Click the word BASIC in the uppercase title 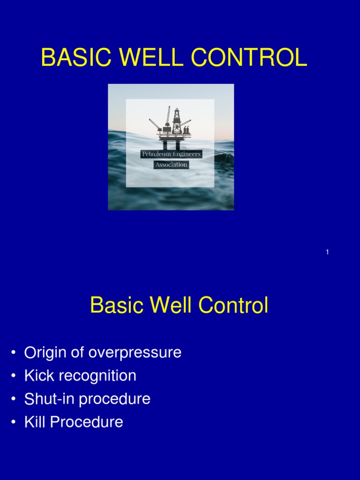tap(76, 57)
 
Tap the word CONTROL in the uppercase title tap(249, 57)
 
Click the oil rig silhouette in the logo tap(171, 127)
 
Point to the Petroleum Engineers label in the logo tap(171, 154)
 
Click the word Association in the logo tap(171, 165)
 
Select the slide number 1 tap(327, 252)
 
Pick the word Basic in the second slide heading tap(117, 305)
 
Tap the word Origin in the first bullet tap(45, 352)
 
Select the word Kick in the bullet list tap(39, 375)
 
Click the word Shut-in tap(49, 398)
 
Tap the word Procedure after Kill tap(86, 422)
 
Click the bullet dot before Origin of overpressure tap(13, 352)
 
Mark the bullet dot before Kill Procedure tap(13, 422)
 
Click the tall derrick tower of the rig tap(177, 120)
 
